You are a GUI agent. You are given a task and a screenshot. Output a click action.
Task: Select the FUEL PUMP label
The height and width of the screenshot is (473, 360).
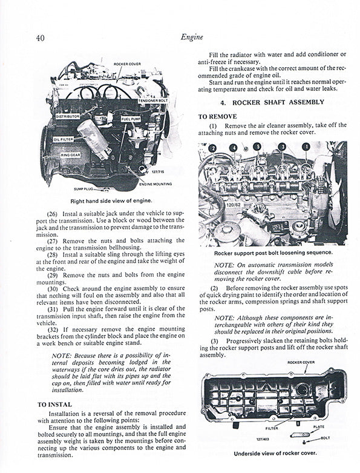pos(131,119)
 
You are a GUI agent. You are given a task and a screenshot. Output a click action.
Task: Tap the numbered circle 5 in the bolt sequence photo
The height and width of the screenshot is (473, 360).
pos(257,147)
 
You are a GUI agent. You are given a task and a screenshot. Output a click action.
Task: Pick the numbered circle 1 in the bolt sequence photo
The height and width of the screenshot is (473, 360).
pos(306,147)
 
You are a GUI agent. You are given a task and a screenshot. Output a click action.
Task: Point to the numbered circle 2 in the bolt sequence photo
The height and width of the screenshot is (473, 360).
pos(212,148)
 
